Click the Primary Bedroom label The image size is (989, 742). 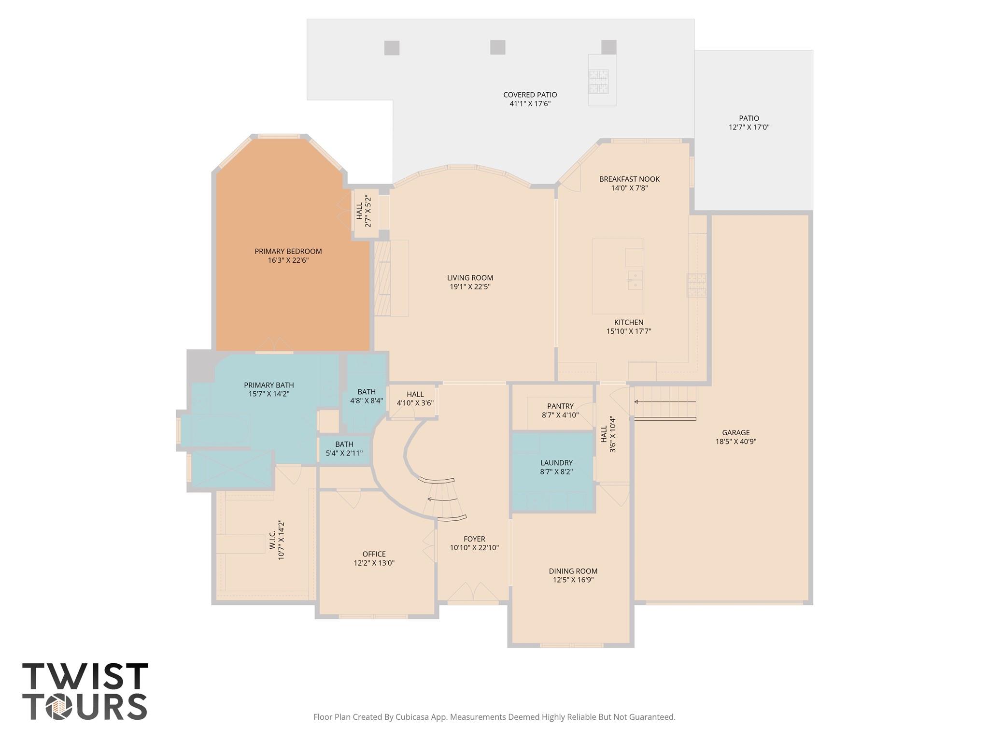click(288, 251)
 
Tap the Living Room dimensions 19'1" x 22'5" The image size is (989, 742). click(470, 287)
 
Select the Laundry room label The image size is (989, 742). click(556, 463)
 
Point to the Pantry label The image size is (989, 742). click(560, 406)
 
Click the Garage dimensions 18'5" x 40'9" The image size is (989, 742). click(735, 442)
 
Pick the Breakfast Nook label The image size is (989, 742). click(629, 179)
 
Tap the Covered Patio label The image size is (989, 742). click(530, 95)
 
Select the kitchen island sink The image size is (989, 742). click(635, 280)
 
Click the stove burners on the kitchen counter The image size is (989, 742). click(697, 285)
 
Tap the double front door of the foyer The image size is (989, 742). click(473, 592)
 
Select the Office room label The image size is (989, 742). click(374, 554)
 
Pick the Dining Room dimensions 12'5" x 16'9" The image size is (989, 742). click(573, 580)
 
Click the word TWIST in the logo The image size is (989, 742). click(85, 676)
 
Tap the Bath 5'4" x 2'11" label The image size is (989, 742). click(344, 444)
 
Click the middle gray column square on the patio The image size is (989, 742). click(497, 47)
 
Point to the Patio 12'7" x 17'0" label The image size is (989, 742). click(749, 118)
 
